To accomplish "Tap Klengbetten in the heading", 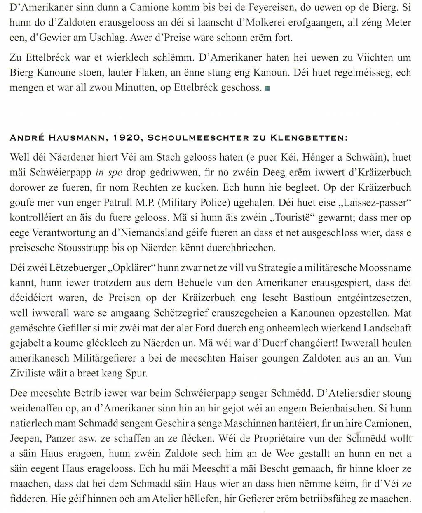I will (x=308, y=138).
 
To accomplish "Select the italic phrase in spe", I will (x=109, y=173).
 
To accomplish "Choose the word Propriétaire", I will (x=284, y=439).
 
